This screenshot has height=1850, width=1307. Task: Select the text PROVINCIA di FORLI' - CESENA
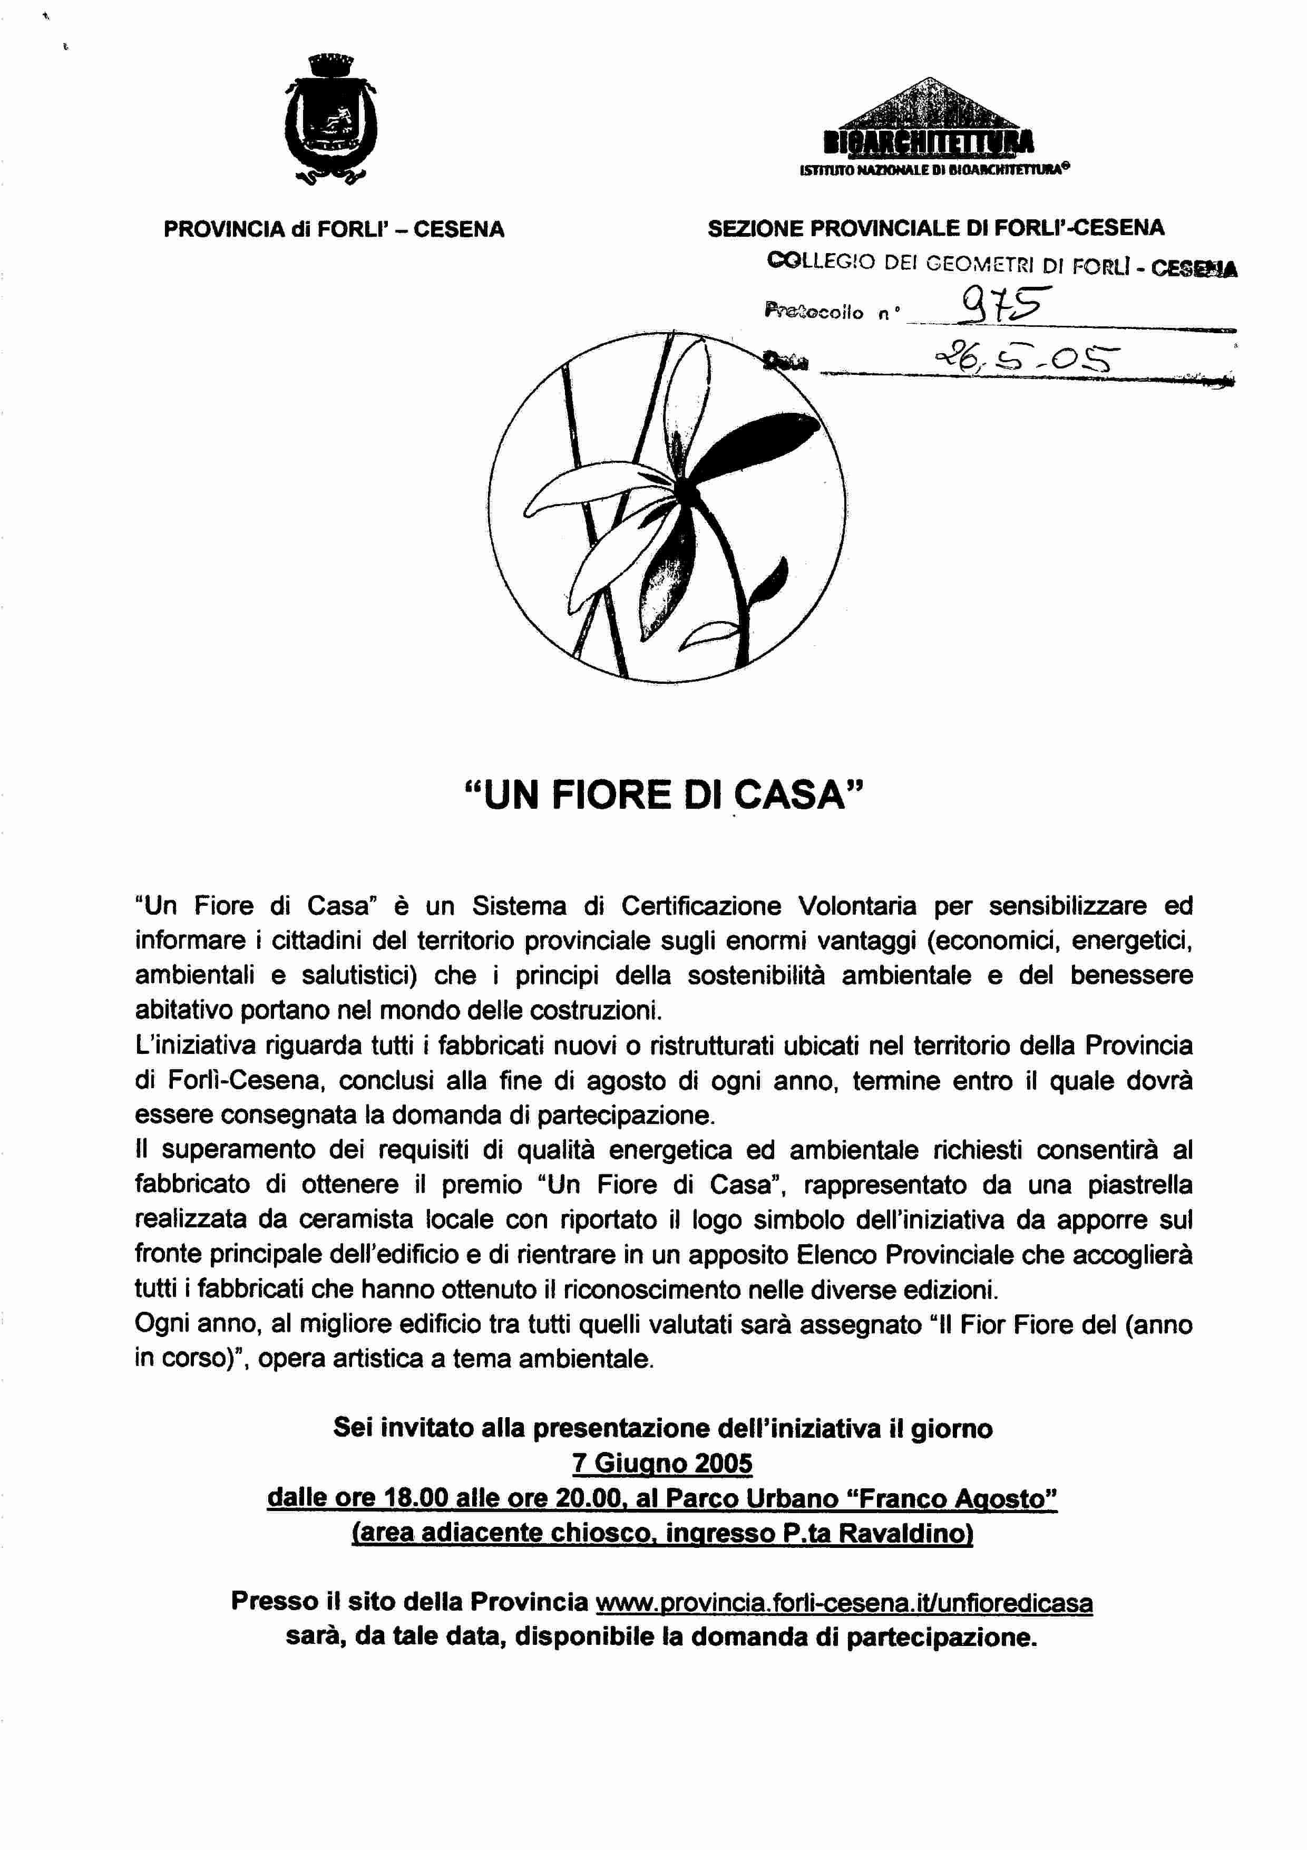point(334,230)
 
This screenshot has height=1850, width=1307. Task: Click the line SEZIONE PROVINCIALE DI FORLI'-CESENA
point(936,228)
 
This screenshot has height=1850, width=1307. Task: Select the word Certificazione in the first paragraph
point(700,906)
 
